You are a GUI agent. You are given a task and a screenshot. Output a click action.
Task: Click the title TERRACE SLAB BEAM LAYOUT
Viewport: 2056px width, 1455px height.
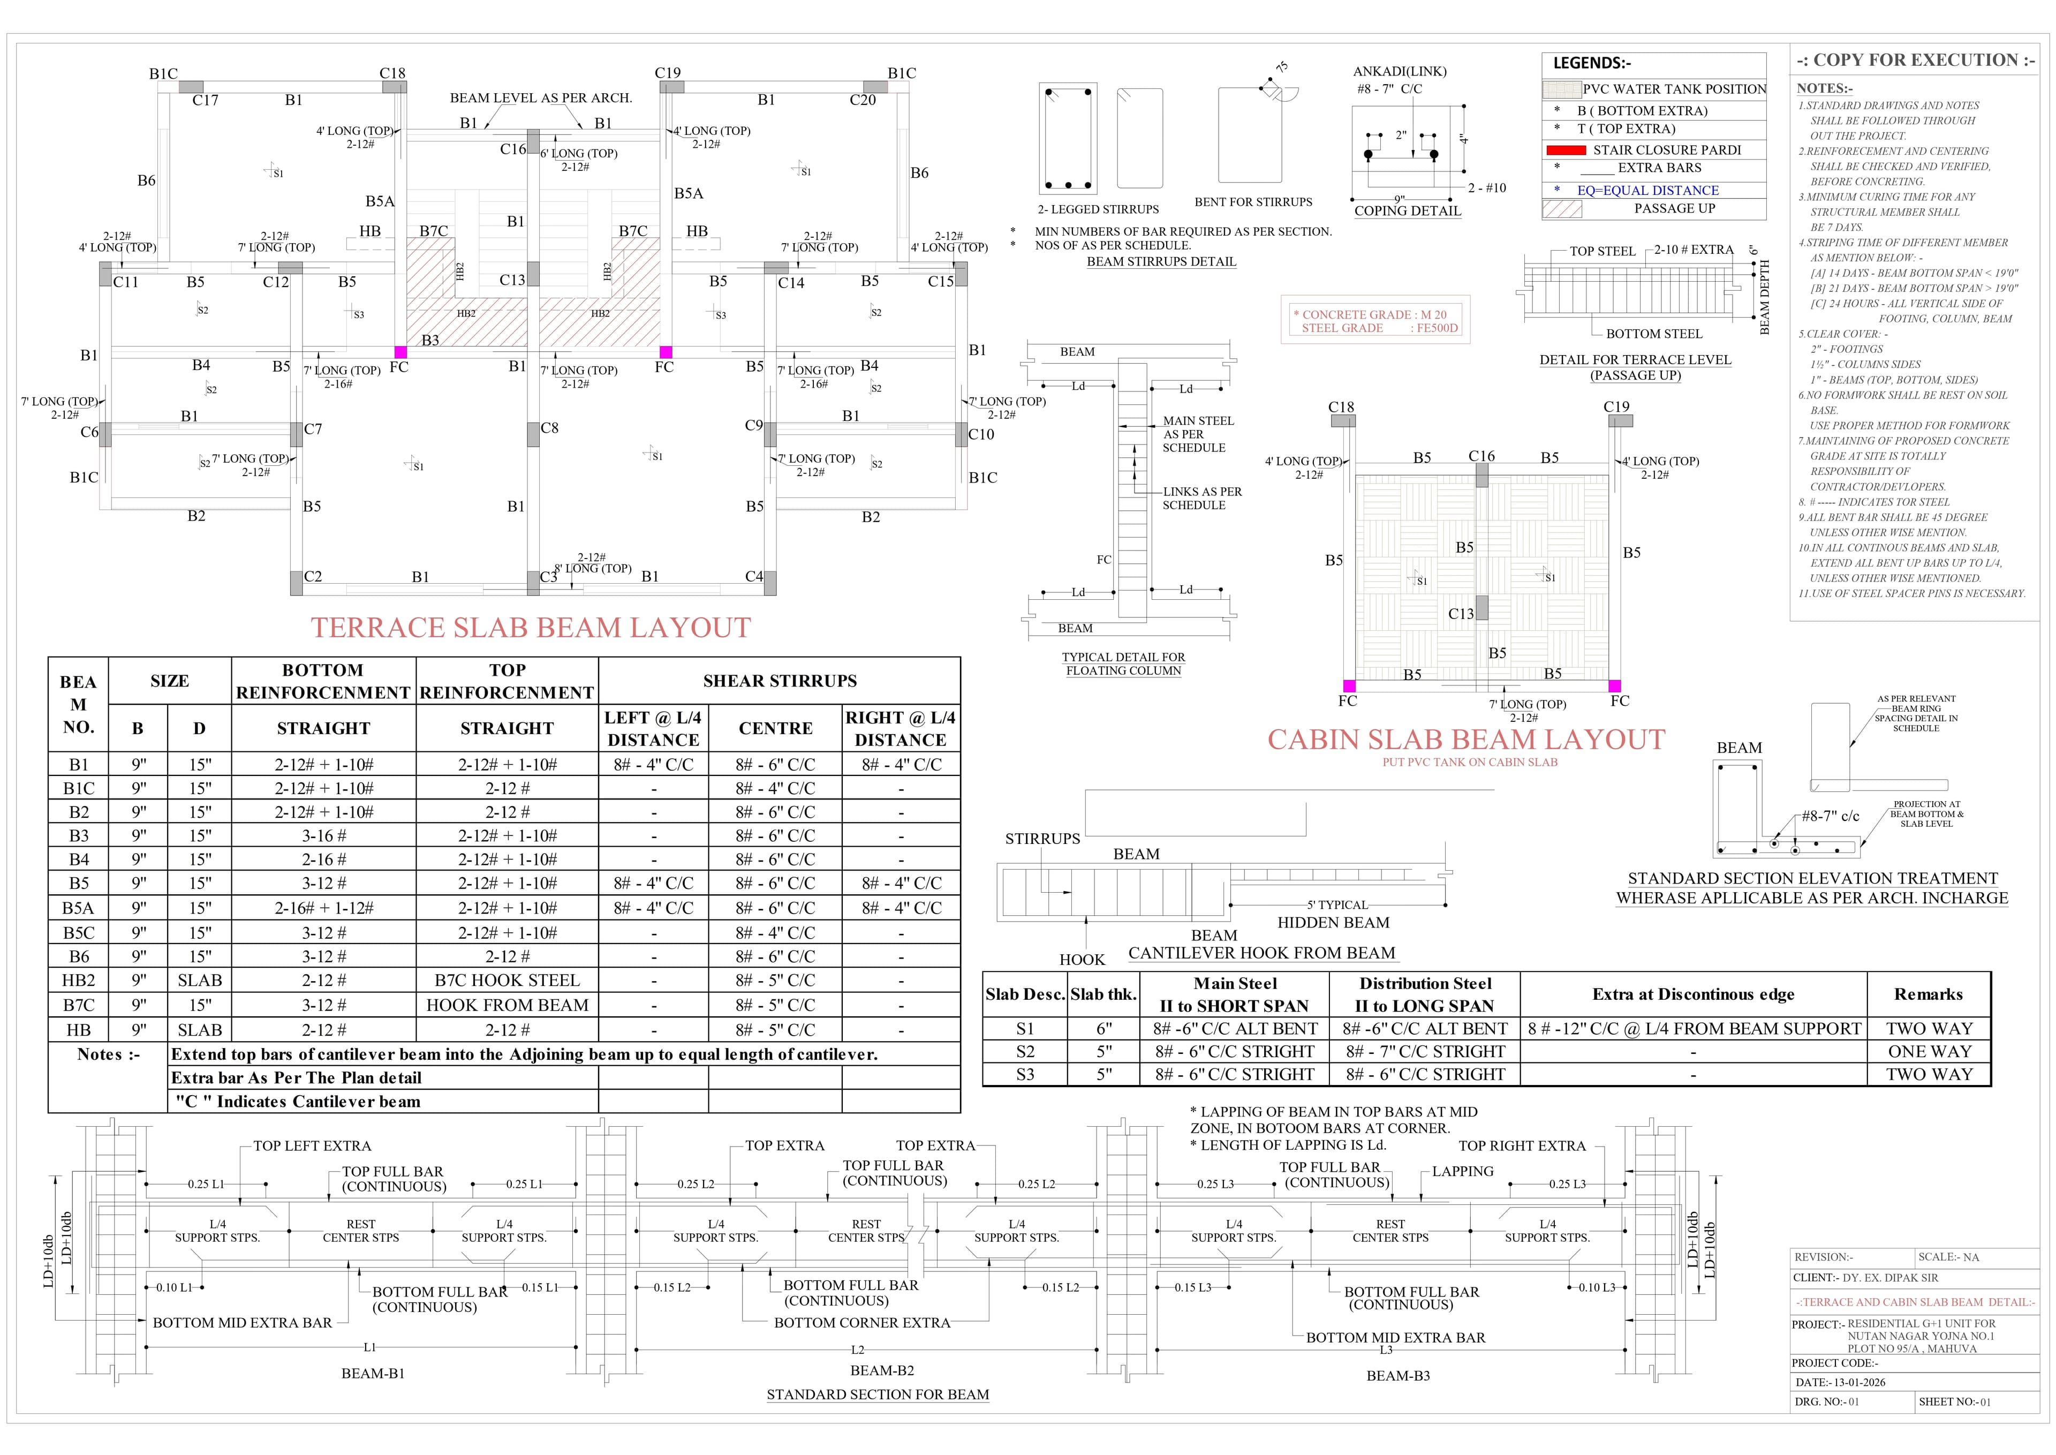coord(531,627)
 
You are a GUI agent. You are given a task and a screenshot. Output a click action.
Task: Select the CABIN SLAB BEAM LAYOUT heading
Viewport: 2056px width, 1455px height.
coord(1465,739)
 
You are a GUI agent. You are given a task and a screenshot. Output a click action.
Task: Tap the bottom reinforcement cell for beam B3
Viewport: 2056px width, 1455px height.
coord(323,835)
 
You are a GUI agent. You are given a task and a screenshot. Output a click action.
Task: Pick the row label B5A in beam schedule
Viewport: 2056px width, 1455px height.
coord(78,908)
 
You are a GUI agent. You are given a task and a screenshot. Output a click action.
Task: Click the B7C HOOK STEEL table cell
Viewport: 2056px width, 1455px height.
coord(507,980)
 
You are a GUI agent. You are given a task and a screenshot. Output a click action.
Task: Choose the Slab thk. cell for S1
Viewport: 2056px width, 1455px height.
coord(1103,1029)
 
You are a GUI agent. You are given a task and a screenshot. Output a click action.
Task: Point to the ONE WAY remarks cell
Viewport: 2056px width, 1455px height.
coord(1928,1051)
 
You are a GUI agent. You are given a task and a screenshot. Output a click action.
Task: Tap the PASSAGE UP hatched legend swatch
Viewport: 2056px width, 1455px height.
coord(1562,209)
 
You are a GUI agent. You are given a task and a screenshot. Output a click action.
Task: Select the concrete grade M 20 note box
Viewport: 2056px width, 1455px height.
coord(1374,321)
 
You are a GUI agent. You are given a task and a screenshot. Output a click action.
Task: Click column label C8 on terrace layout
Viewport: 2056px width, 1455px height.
coord(549,428)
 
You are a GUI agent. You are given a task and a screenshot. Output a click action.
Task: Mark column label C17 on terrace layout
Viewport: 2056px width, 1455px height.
coord(205,100)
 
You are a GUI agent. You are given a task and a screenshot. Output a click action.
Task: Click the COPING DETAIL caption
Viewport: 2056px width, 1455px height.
coord(1407,210)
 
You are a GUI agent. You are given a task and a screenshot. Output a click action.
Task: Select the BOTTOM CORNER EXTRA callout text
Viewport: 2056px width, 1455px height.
coord(861,1322)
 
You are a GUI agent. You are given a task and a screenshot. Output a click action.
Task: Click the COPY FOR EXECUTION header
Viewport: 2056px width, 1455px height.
coord(1915,60)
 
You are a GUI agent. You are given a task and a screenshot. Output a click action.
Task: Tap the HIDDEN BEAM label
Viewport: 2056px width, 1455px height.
coord(1333,922)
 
